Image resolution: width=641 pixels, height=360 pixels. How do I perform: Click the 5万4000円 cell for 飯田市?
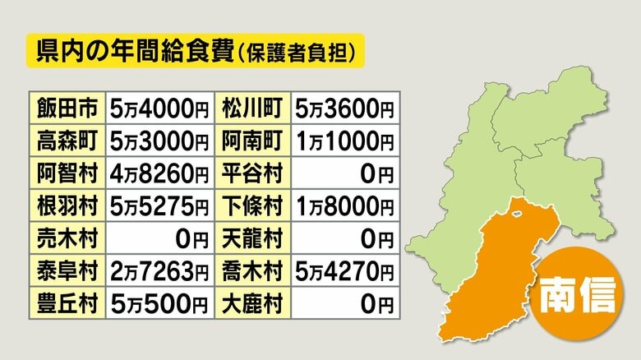159,108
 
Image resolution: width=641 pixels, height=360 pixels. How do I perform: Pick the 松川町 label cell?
253,108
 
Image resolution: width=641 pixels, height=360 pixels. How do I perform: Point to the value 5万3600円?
344,108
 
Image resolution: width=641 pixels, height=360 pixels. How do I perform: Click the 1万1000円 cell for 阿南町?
344,141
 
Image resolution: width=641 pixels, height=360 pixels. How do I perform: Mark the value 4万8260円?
159,173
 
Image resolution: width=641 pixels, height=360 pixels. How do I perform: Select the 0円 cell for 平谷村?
344,173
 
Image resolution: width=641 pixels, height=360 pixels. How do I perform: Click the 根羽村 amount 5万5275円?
159,206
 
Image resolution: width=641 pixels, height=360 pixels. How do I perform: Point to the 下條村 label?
253,206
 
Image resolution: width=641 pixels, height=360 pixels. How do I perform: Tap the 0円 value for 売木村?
159,239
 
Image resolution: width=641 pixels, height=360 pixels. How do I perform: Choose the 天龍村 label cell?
253,239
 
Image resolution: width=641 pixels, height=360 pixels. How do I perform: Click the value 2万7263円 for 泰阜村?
159,272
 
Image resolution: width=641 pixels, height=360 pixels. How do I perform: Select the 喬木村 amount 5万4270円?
344,272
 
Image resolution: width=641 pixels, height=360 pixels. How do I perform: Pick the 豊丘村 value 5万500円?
159,305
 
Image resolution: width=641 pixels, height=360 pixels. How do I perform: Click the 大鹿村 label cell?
253,305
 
